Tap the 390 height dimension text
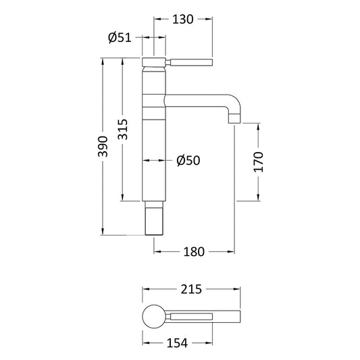tap(103, 147)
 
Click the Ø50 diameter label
tap(188, 160)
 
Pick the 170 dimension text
tap(258, 162)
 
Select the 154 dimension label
tap(177, 344)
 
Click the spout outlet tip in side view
tap(234, 120)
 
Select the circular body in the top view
tap(154, 317)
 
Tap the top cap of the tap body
tap(154, 63)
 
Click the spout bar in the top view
tap(203, 317)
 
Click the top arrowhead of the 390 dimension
tap(103, 62)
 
